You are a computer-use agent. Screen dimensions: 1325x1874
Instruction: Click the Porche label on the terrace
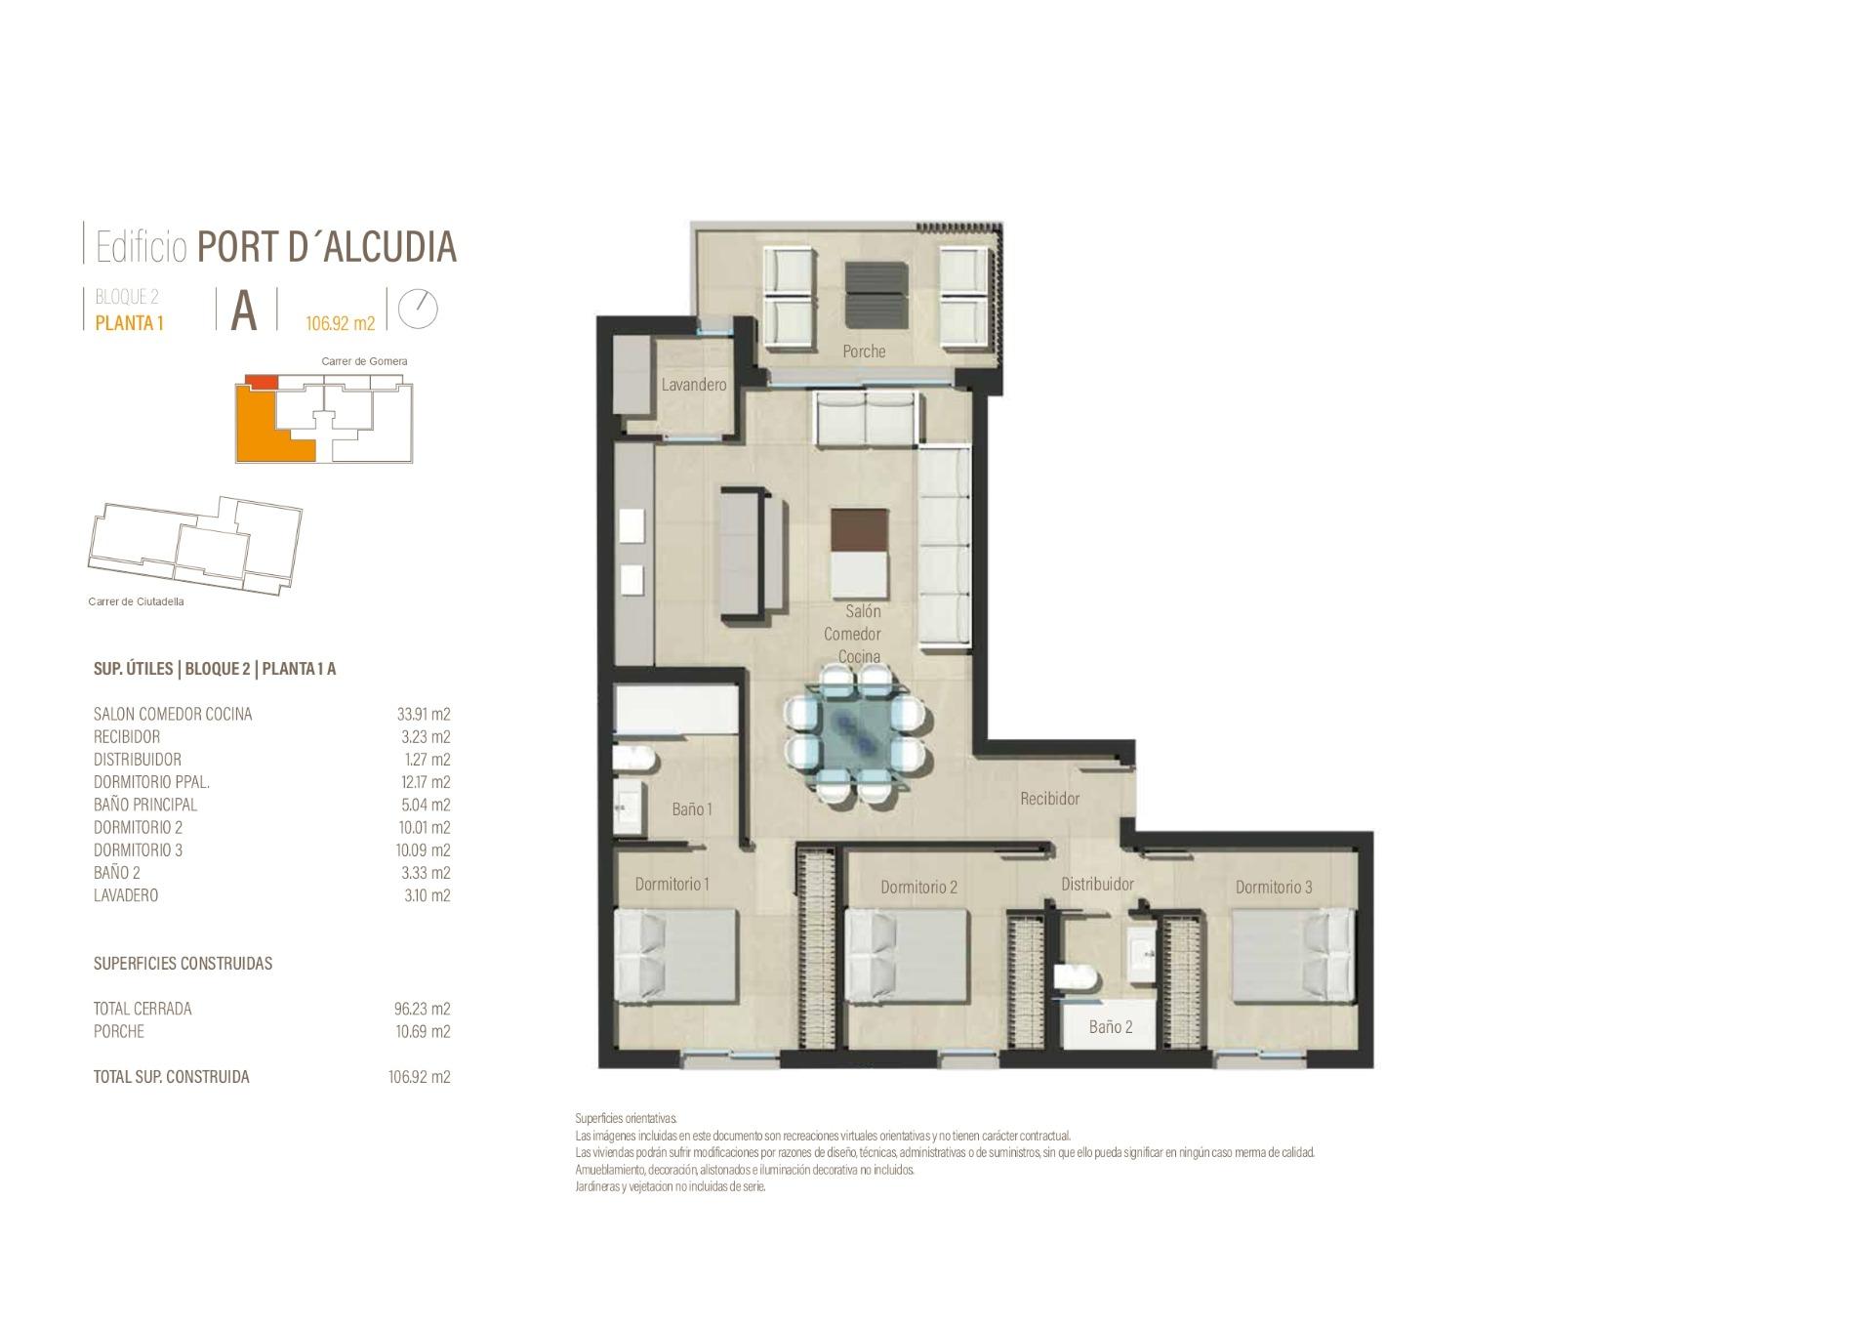point(864,352)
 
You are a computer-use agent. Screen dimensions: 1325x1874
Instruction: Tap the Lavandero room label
point(694,385)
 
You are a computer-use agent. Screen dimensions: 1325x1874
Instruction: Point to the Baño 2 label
point(1111,1027)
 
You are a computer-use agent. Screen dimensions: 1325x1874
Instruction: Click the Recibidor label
point(1049,799)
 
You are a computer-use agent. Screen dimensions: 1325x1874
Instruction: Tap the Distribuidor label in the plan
point(1097,884)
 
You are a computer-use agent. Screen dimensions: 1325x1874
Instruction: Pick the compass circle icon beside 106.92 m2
point(419,309)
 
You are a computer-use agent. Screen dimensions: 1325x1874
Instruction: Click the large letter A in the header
point(244,311)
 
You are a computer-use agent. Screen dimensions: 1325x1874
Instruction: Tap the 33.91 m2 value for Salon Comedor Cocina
point(424,714)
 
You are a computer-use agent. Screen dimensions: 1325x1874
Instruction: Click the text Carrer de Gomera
point(364,361)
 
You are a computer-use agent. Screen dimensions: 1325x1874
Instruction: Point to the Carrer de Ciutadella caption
point(136,601)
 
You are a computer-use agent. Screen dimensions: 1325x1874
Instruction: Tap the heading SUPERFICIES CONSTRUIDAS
point(183,963)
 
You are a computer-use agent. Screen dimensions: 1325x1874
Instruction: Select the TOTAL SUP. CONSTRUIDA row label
point(171,1077)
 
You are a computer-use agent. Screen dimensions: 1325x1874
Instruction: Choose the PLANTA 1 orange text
point(129,323)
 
